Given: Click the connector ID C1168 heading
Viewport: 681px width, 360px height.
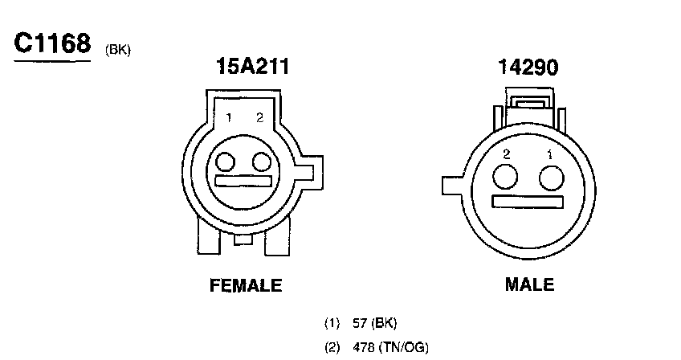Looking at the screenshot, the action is [x=52, y=43].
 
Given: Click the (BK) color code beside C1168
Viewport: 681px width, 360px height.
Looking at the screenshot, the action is [x=118, y=50].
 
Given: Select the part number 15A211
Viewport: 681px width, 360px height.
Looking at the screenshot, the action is [x=252, y=66].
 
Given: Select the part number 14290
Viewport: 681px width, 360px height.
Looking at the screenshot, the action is [x=528, y=67].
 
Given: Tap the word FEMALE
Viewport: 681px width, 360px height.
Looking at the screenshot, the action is [x=246, y=285].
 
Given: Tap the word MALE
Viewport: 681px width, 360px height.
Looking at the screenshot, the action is [x=529, y=284].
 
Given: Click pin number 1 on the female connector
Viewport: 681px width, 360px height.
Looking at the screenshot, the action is [x=229, y=117].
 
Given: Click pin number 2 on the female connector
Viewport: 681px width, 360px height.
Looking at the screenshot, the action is [x=259, y=117].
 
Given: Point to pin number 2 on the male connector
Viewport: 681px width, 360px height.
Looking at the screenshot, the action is [x=507, y=154].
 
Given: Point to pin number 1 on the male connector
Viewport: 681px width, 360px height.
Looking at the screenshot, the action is [x=550, y=154].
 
